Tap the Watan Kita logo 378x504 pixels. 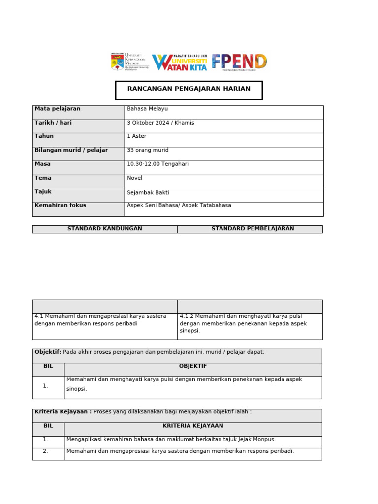[180, 62]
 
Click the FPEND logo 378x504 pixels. [239, 62]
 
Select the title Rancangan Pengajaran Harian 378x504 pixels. [189, 89]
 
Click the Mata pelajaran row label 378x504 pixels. [58, 109]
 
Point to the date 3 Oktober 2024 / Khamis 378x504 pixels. [160, 123]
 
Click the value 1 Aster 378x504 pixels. [136, 136]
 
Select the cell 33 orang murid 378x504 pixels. [148, 150]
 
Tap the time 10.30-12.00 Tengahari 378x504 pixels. [157, 164]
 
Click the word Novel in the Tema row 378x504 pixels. [134, 178]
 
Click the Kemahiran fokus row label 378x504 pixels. [60, 205]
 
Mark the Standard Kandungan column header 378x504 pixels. [104, 229]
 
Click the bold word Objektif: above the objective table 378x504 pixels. [48, 352]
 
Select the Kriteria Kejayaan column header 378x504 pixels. [193, 426]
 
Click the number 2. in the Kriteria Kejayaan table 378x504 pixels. [45, 451]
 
